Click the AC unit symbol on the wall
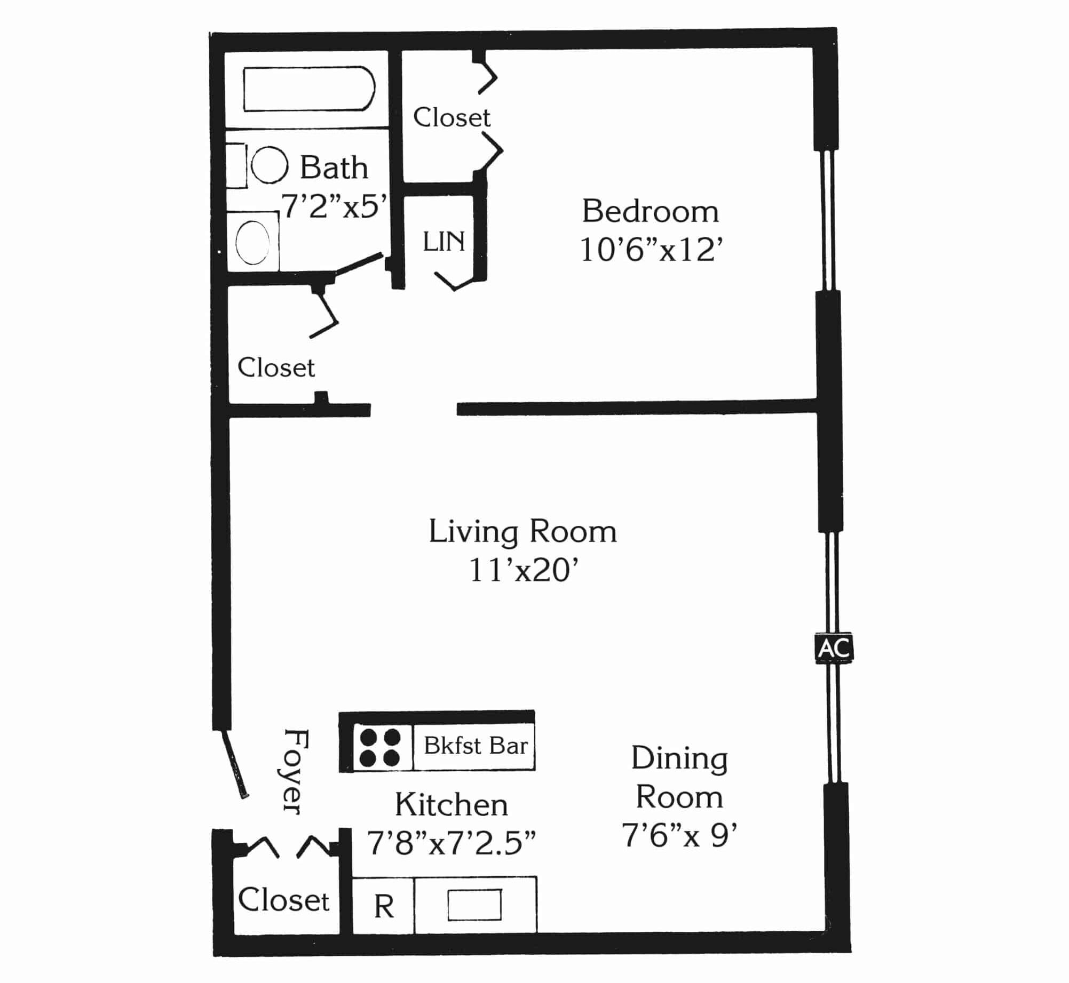click(834, 648)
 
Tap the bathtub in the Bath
click(309, 89)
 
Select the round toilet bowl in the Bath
click(270, 165)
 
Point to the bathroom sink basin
click(252, 242)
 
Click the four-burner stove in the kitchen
click(380, 747)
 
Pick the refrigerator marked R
click(383, 906)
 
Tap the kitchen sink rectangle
click(474, 905)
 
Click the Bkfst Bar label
click(476, 746)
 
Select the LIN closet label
click(444, 242)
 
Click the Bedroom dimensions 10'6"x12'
click(651, 249)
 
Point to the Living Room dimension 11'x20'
click(524, 570)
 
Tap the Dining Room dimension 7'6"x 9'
click(679, 835)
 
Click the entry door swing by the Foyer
click(235, 764)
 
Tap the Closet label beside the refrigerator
click(283, 900)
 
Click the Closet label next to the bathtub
click(452, 117)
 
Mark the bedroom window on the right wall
click(827, 220)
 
